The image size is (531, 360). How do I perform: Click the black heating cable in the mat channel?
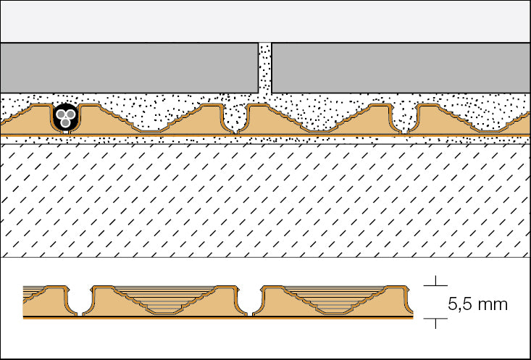point(66,118)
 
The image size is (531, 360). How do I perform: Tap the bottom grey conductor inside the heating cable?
point(66,124)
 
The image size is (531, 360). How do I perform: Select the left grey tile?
point(129,67)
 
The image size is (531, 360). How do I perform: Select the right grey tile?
point(401,67)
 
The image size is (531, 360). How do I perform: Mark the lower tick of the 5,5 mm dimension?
point(435,319)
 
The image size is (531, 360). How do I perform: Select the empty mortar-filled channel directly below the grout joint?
point(235,120)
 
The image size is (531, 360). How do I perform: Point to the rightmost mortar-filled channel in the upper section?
point(406,120)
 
